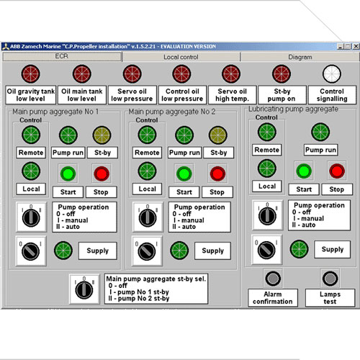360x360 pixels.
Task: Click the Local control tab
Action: coord(181,57)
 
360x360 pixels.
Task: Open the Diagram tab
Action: coord(300,57)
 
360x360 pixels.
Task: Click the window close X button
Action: coord(356,46)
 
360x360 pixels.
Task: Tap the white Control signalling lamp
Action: coord(332,74)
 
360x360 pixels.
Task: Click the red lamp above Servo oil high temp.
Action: coord(231,74)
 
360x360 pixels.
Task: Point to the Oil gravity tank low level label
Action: coord(31,95)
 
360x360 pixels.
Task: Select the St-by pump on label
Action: coord(282,95)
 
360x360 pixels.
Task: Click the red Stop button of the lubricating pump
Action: coord(337,171)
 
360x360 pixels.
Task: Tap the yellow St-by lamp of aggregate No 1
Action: coord(102,135)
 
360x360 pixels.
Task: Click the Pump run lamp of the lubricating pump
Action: coord(320,132)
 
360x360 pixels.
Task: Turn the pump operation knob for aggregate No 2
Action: coord(148,217)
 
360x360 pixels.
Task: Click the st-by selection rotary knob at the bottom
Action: coord(84,289)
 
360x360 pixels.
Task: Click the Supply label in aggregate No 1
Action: coord(98,251)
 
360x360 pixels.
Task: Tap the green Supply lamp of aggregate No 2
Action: coord(179,251)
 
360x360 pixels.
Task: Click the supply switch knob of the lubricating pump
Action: coord(266,250)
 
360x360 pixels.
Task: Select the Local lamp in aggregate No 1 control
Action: coord(31,171)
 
